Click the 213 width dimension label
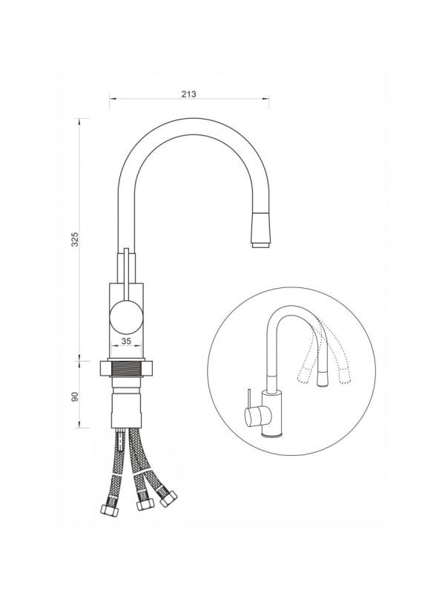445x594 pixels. [x=188, y=94]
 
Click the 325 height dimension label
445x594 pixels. [x=75, y=239]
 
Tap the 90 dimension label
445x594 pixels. [x=75, y=396]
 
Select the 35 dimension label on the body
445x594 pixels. [x=126, y=341]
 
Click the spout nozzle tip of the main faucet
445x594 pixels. [x=261, y=245]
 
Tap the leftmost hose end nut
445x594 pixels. [x=109, y=511]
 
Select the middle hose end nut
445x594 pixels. [x=145, y=504]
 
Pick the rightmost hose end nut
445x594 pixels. [x=168, y=498]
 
